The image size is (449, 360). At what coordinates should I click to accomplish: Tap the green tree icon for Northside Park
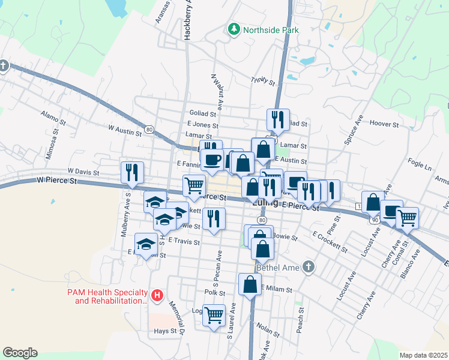(x=233, y=29)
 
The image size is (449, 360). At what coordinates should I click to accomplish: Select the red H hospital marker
(x=157, y=295)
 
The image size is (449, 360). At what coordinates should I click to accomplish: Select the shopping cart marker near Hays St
(x=214, y=314)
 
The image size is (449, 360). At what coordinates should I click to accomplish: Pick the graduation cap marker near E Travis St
(x=146, y=244)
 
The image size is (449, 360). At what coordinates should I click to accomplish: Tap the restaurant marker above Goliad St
(x=278, y=119)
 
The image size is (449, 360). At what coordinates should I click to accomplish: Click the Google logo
(x=20, y=353)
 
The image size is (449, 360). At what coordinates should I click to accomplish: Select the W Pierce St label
(x=57, y=179)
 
